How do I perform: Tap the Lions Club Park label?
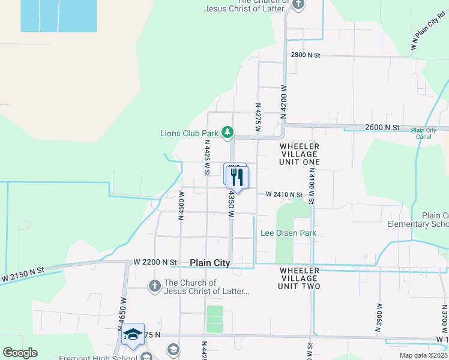[189, 133]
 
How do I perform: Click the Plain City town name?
[210, 263]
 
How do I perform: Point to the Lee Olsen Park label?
[288, 233]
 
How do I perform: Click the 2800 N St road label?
[306, 55]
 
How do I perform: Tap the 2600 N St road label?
[382, 127]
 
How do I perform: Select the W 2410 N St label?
[285, 194]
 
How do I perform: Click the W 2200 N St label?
[156, 262]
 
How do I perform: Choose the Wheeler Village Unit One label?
[299, 154]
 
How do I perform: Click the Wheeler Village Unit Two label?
[300, 278]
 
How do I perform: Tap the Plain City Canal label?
[423, 133]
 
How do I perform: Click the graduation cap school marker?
[133, 335]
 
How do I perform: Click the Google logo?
[20, 353]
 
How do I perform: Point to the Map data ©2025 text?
[423, 355]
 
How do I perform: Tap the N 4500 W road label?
[180, 206]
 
